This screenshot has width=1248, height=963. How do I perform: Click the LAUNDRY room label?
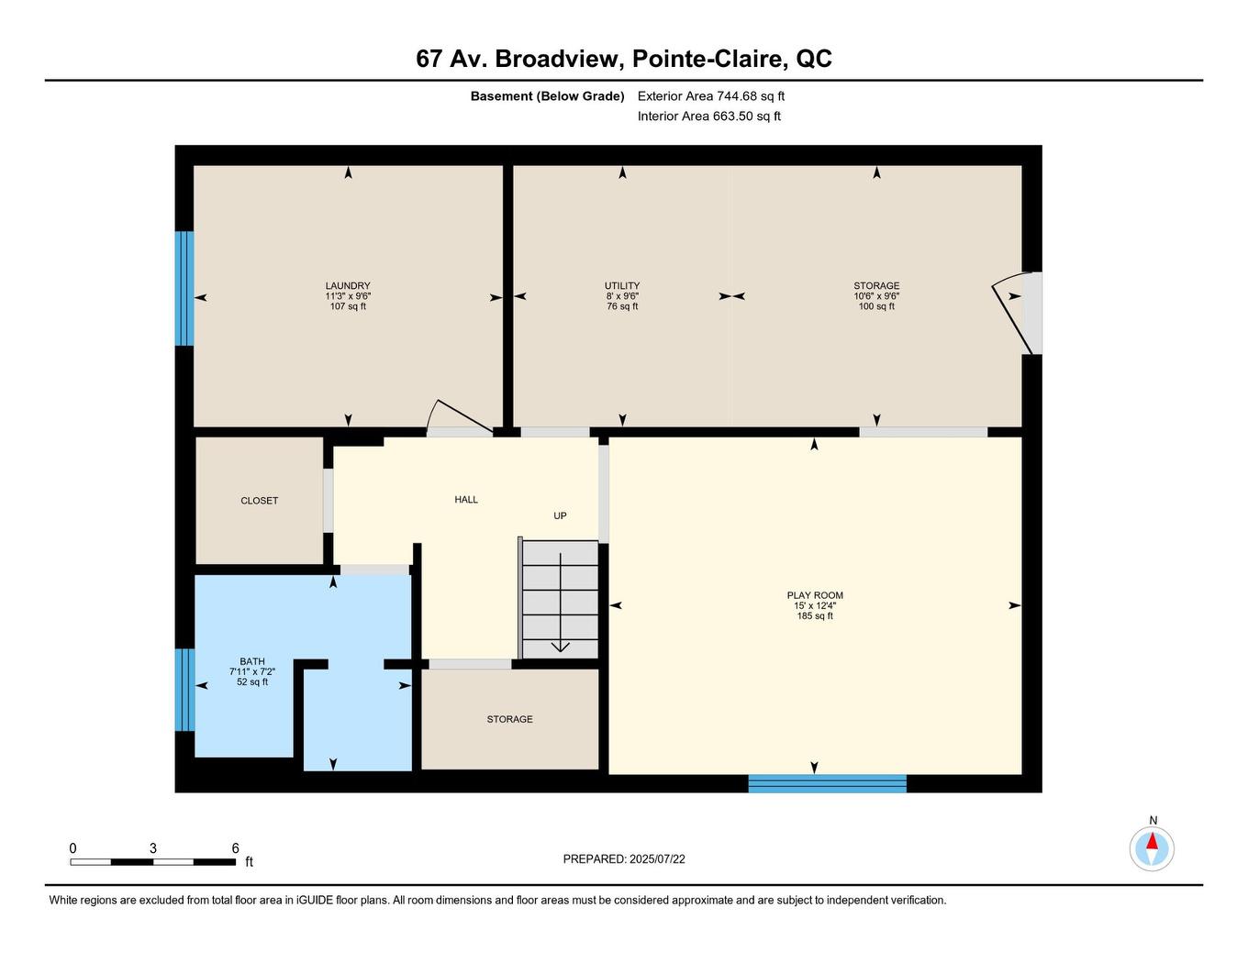point(348,286)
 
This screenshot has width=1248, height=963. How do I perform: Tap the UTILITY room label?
point(622,286)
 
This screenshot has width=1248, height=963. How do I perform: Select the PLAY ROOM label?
point(815,595)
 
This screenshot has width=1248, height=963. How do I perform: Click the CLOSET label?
point(260,501)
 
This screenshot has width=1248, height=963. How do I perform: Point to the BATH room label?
point(252,661)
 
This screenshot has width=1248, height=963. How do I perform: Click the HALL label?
point(466,500)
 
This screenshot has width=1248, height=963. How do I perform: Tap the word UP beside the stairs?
point(560,515)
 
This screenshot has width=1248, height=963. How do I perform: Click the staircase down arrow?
point(560,646)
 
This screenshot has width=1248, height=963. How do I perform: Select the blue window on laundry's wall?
point(184,288)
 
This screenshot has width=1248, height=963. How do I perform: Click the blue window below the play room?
point(827,783)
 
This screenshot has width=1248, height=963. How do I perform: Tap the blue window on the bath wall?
point(184,690)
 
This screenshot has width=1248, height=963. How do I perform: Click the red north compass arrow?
point(1152,841)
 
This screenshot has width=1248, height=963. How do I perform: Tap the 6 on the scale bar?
point(236,848)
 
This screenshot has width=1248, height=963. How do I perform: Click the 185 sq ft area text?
point(815,616)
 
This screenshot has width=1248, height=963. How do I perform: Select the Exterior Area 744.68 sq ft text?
point(711,95)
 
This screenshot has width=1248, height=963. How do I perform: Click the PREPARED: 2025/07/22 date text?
point(624,859)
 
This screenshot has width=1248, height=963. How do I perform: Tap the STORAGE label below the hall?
point(509,719)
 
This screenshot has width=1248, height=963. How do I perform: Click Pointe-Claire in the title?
point(710,59)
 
